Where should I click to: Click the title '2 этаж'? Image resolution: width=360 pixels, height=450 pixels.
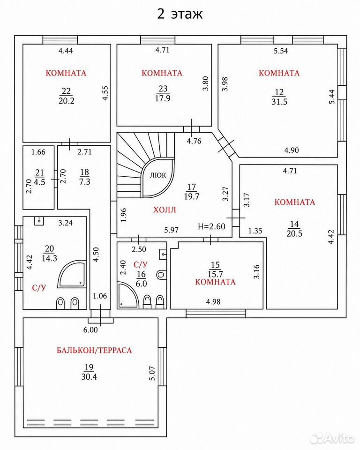tap(180, 14)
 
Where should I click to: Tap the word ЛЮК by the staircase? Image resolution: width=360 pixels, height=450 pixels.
tap(158, 175)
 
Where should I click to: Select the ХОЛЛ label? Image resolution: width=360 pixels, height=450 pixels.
tap(165, 210)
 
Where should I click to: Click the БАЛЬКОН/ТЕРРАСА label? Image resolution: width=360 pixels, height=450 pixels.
tap(94, 350)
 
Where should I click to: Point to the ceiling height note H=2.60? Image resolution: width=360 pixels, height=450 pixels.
tap(211, 226)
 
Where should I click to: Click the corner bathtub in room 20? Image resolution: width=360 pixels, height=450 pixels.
tap(72, 274)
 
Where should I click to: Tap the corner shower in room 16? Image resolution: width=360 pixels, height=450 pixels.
tap(128, 295)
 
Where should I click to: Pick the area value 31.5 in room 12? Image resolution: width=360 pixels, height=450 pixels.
tap(279, 102)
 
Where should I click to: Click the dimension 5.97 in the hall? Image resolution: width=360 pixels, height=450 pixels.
tap(172, 230)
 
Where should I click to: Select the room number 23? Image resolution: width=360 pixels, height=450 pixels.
tap(163, 89)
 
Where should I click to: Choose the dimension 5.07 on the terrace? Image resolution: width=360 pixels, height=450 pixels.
tap(152, 374)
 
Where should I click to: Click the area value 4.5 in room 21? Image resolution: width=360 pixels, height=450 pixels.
tap(40, 182)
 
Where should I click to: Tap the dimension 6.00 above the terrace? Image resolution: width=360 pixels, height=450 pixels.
tap(90, 330)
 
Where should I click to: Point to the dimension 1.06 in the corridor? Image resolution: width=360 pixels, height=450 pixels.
tap(100, 296)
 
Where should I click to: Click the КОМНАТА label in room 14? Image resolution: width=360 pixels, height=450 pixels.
tap(295, 202)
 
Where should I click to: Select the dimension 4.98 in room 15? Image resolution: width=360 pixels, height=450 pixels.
tap(213, 301)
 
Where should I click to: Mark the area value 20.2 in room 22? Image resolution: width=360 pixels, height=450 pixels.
tap(66, 101)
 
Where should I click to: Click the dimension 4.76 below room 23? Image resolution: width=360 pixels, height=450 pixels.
tap(194, 141)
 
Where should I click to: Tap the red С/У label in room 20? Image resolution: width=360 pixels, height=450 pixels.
tap(39, 287)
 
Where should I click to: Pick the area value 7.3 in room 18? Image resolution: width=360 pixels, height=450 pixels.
tap(85, 182)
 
